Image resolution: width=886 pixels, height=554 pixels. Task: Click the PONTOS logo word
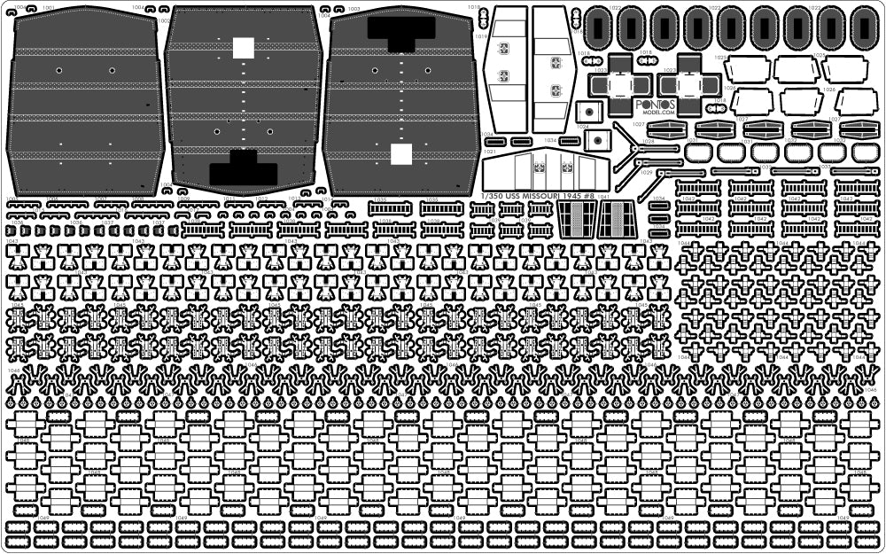pyautogui.click(x=657, y=104)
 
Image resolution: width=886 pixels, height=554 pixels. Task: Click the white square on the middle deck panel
pyautogui.click(x=244, y=48)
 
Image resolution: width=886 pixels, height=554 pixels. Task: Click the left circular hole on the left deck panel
pyautogui.click(x=58, y=70)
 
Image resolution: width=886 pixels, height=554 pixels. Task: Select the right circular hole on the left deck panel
pyautogui.click(x=113, y=70)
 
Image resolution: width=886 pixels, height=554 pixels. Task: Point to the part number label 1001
pyautogui.click(x=48, y=7)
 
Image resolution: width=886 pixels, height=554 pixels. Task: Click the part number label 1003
pyautogui.click(x=354, y=7)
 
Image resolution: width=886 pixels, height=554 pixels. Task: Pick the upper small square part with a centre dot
pyautogui.click(x=586, y=113)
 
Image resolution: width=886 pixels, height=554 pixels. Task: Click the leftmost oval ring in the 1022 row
pyautogui.click(x=602, y=28)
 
